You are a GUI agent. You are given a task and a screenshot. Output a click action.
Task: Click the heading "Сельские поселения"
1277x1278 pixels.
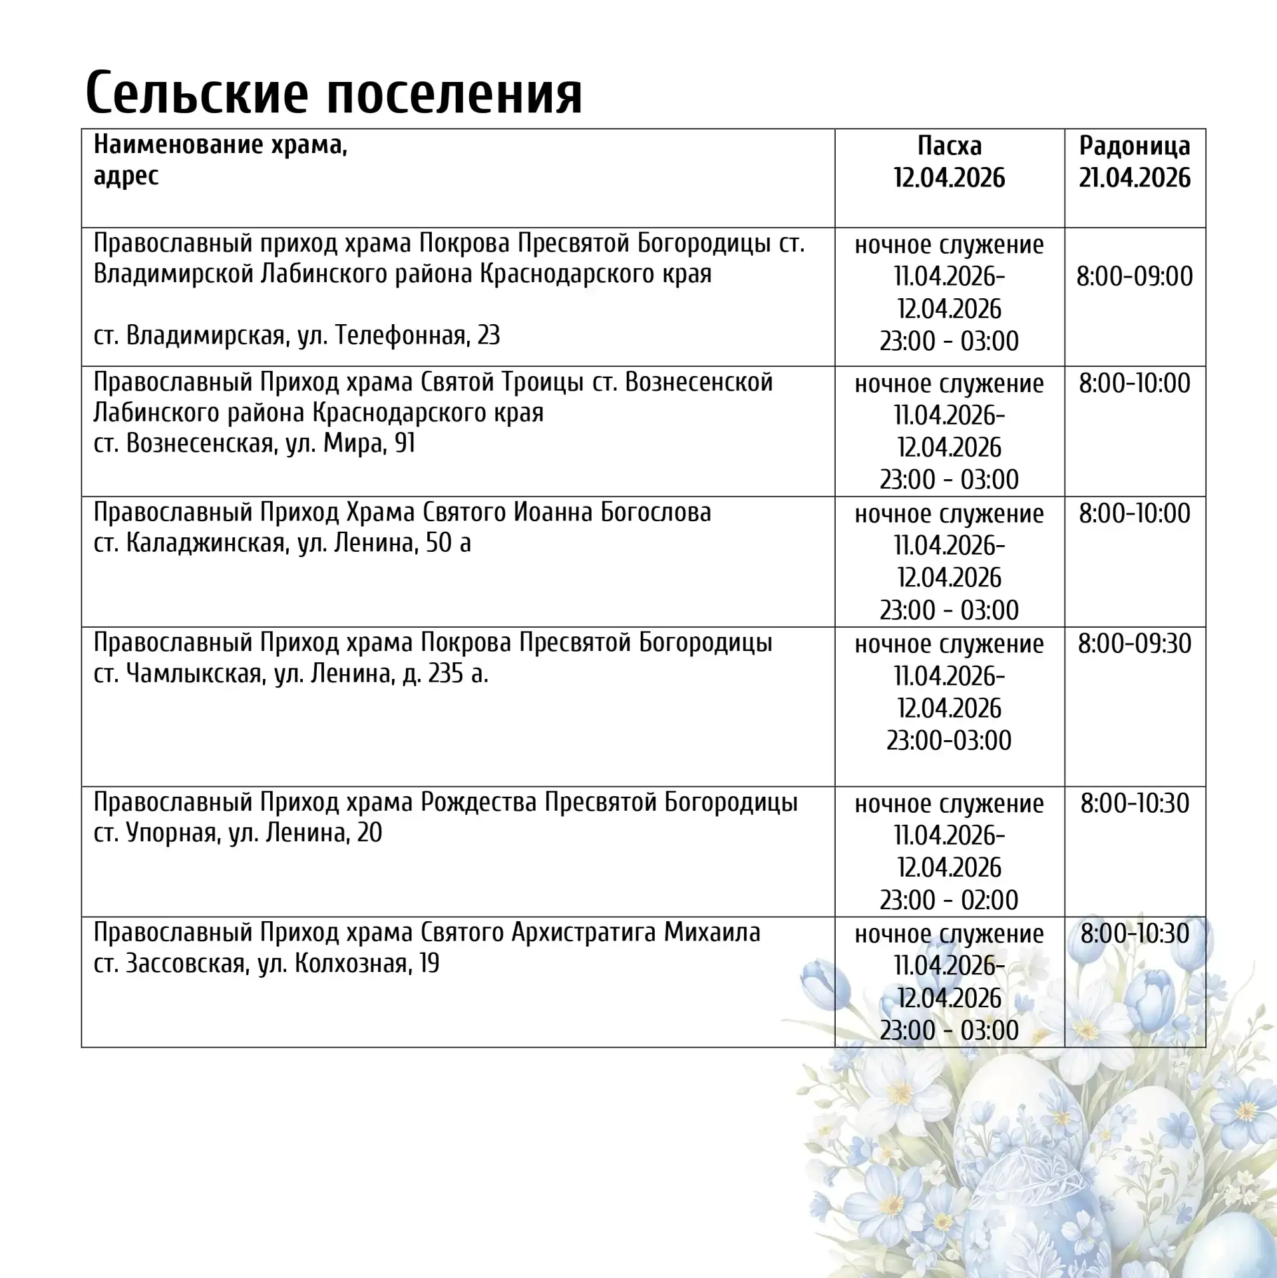click(x=333, y=92)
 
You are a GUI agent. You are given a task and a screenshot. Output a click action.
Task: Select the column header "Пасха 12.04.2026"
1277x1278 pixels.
click(x=949, y=162)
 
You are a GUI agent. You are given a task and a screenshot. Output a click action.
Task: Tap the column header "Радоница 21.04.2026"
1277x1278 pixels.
click(x=1135, y=162)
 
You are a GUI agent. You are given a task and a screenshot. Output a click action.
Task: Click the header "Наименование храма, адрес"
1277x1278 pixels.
click(x=220, y=160)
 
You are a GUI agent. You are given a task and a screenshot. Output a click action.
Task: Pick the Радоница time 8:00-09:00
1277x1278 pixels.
click(x=1135, y=276)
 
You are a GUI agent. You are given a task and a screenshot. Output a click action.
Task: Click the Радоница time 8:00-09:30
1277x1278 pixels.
click(x=1135, y=644)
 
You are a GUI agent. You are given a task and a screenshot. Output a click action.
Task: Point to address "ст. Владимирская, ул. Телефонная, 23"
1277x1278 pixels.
click(x=297, y=335)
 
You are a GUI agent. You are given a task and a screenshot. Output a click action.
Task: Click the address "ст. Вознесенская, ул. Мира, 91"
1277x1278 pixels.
click(x=254, y=443)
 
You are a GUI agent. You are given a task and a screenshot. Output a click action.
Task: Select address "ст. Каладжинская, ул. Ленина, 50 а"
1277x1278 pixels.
click(x=282, y=543)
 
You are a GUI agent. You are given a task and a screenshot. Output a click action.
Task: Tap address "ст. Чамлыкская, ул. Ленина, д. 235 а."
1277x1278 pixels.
click(x=291, y=674)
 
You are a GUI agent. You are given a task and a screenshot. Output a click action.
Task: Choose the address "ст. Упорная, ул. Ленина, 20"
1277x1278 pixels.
click(x=238, y=833)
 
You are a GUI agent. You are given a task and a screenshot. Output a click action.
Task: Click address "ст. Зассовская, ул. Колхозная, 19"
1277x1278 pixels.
click(x=266, y=963)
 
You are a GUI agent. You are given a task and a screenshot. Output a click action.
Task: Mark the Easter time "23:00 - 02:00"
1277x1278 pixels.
click(x=949, y=900)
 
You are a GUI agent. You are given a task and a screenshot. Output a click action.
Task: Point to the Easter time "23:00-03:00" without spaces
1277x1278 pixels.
click(x=949, y=740)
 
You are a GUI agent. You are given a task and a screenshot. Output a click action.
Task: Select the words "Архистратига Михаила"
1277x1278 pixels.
click(x=636, y=933)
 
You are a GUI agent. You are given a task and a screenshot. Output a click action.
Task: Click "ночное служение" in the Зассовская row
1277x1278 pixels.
click(x=949, y=934)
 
